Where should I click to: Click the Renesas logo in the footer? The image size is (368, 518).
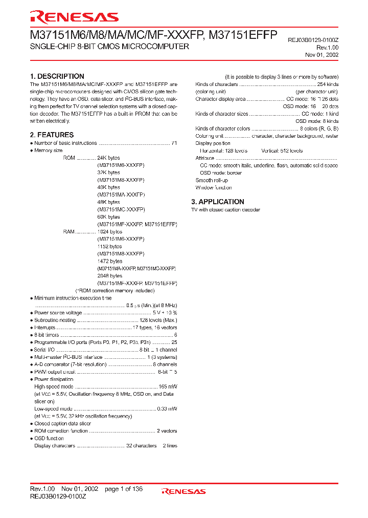(183, 491)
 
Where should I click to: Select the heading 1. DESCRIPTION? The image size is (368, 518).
(57, 76)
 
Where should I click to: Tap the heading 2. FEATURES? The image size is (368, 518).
(52, 135)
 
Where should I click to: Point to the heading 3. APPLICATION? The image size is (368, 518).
(217, 202)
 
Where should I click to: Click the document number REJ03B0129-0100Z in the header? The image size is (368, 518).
(313, 39)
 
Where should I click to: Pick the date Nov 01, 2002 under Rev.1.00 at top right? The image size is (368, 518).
(321, 55)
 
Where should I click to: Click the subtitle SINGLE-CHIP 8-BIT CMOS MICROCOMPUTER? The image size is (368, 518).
(109, 47)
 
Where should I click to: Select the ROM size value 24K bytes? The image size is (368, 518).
(108, 158)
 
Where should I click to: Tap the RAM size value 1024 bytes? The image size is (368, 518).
(109, 232)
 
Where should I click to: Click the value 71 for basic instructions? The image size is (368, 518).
(174, 143)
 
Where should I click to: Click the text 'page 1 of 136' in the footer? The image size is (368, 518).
(124, 489)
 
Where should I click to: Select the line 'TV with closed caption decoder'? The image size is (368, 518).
(225, 210)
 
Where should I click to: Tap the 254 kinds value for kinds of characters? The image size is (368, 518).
(327, 84)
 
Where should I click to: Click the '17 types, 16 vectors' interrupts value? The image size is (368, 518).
(155, 328)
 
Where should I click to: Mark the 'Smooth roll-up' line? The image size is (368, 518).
(212, 180)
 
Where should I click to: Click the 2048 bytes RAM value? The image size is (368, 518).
(109, 276)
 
